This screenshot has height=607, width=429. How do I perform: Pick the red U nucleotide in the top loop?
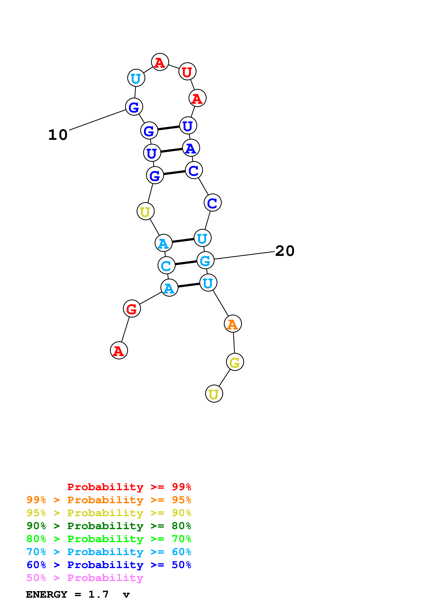187,71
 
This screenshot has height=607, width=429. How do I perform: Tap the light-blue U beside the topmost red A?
136,78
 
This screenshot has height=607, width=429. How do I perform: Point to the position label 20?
285,251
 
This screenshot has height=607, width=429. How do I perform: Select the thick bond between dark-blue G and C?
174,173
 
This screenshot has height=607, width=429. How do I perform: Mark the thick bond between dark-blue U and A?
171,150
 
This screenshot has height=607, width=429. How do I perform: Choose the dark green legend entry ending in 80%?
109,526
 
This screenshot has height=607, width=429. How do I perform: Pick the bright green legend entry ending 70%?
109,539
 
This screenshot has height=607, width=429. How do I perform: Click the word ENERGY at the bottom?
47,595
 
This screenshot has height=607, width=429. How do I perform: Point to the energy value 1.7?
98,594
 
